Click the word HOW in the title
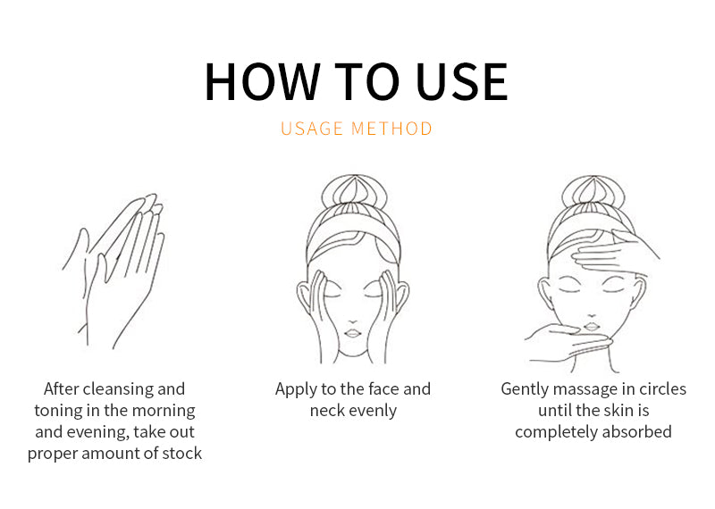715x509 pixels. [x=262, y=81]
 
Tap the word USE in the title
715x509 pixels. [x=462, y=81]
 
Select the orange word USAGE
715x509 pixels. [x=312, y=129]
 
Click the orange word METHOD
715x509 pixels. [x=391, y=129]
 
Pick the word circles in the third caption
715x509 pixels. [x=662, y=389]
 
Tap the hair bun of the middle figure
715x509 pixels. [x=354, y=192]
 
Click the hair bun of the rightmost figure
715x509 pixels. [x=593, y=193]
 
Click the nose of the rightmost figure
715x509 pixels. [x=592, y=315]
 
